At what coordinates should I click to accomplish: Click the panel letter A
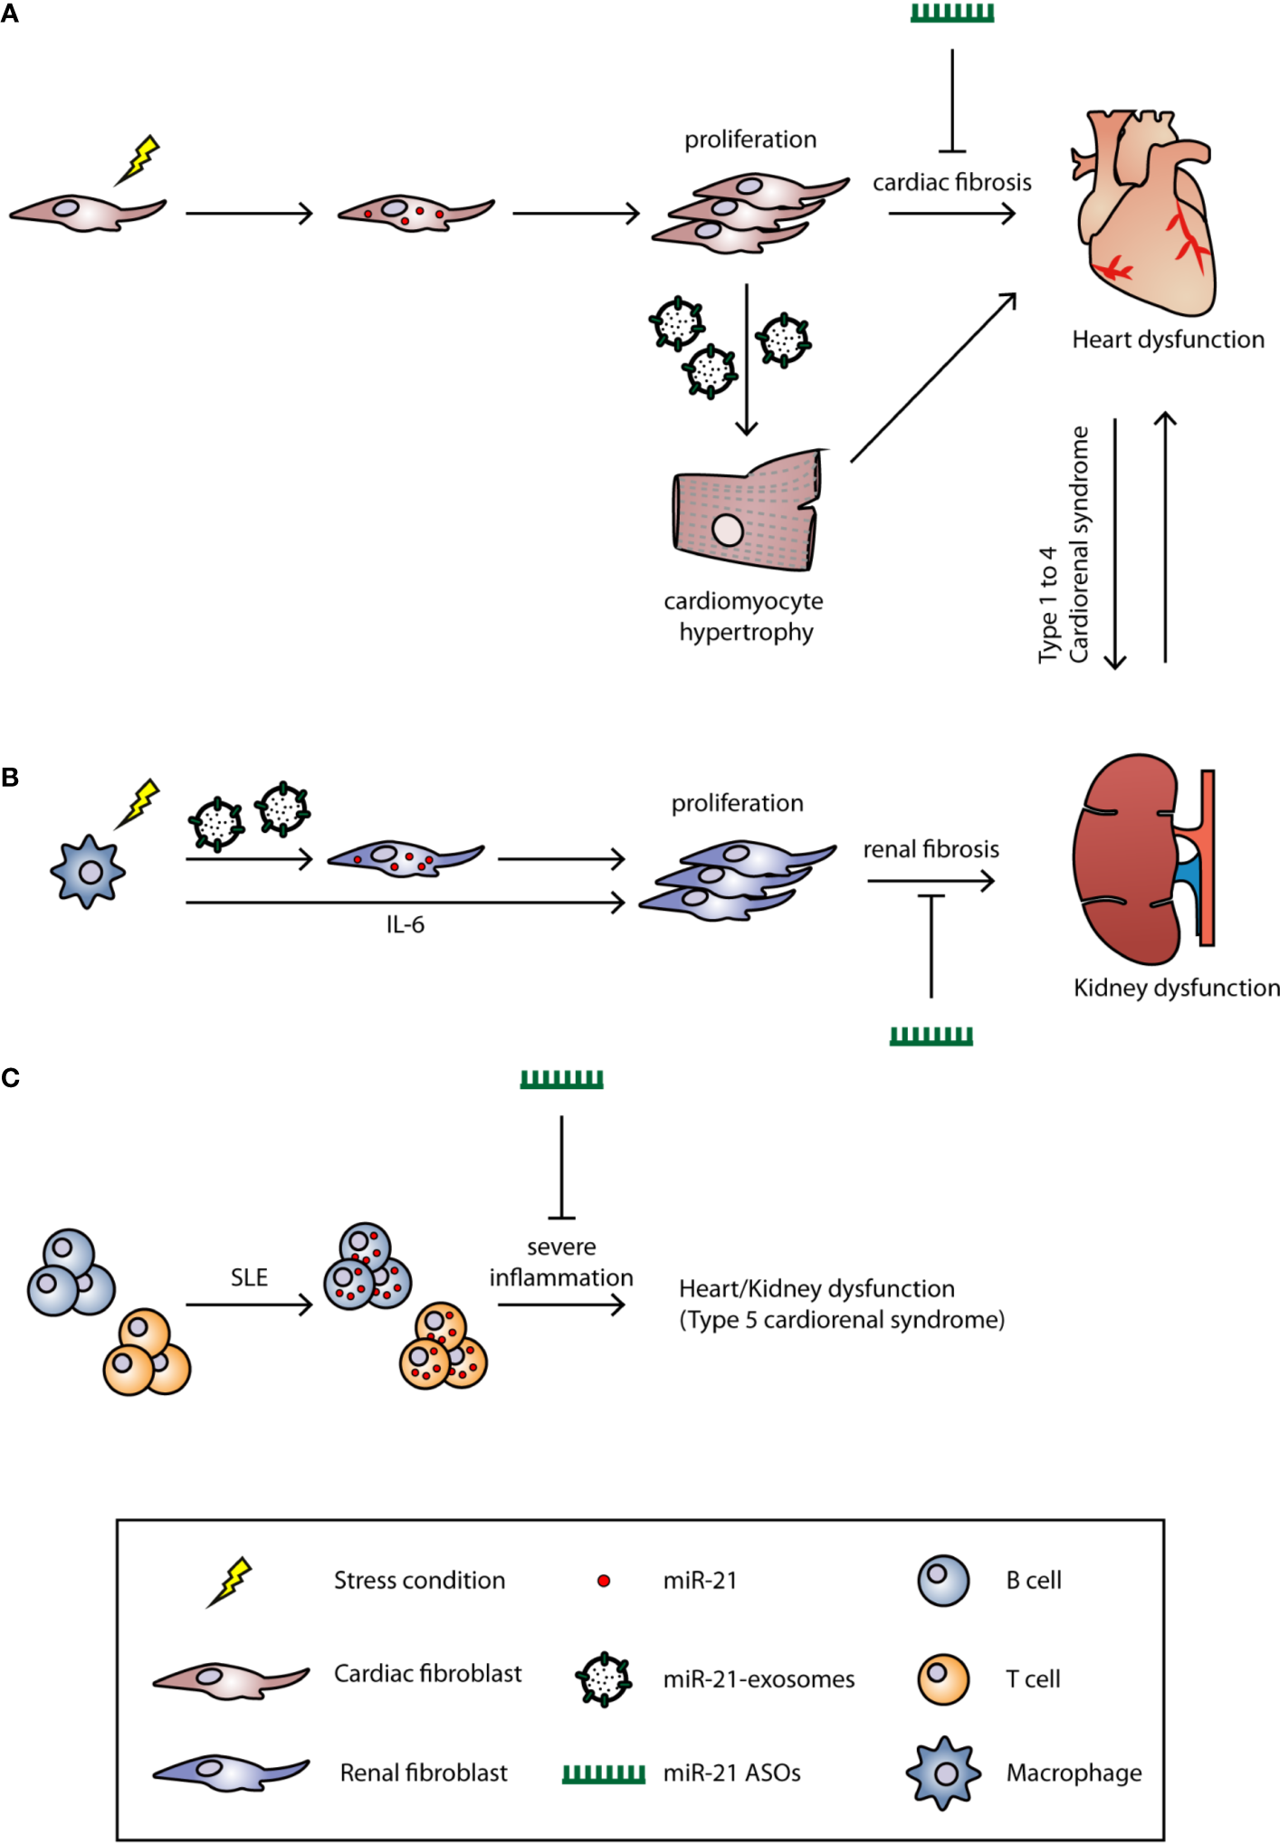click(x=9, y=14)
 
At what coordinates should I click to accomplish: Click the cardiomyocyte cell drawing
click(x=747, y=512)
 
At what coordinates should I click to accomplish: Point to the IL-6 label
click(x=405, y=925)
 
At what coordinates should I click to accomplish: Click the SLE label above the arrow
click(x=249, y=1277)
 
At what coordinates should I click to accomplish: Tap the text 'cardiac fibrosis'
click(x=951, y=183)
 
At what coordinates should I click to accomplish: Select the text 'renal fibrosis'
click(x=931, y=849)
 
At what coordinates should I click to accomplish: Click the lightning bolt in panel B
click(x=139, y=802)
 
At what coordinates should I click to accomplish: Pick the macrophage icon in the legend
click(x=944, y=1772)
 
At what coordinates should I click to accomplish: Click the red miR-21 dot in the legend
click(x=604, y=1581)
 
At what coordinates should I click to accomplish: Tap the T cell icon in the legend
click(x=943, y=1679)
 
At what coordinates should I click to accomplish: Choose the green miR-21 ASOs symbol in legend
click(x=604, y=1773)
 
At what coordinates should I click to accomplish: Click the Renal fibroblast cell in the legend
click(x=231, y=1772)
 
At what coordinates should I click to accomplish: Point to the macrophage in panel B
click(x=88, y=872)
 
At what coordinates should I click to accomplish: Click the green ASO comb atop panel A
click(x=951, y=14)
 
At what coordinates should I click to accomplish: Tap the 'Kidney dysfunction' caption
click(x=1176, y=988)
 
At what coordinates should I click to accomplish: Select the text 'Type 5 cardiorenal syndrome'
click(x=842, y=1320)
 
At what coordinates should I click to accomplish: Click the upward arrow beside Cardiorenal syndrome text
click(x=1165, y=538)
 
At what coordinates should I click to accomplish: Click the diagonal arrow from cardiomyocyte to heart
click(x=933, y=377)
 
